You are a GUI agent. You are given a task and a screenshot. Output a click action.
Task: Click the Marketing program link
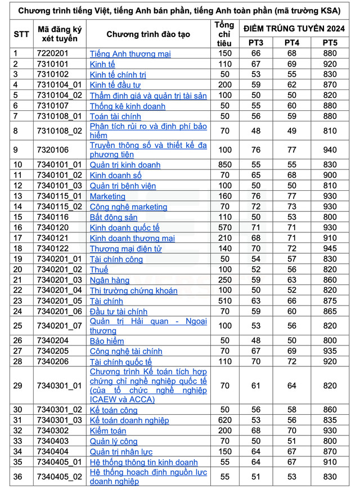107,196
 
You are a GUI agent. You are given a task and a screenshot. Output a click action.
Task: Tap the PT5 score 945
330,249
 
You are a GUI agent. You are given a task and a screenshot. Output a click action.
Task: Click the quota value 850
224,165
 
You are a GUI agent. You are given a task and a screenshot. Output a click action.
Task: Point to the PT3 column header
256,43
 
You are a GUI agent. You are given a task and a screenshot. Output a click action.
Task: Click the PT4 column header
292,43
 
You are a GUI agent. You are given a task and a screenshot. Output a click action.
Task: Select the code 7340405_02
60,477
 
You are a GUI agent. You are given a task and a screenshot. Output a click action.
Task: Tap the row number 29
18,385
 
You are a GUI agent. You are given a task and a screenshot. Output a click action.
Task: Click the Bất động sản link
114,217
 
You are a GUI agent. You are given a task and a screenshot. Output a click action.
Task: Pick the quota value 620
224,420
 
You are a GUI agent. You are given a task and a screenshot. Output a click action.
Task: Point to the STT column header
21,34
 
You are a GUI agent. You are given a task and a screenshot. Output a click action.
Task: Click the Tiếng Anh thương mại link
130,54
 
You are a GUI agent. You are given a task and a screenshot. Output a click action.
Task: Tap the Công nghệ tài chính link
126,351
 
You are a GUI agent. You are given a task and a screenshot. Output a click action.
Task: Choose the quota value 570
224,227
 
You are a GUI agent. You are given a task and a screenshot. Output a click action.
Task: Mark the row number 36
18,477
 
